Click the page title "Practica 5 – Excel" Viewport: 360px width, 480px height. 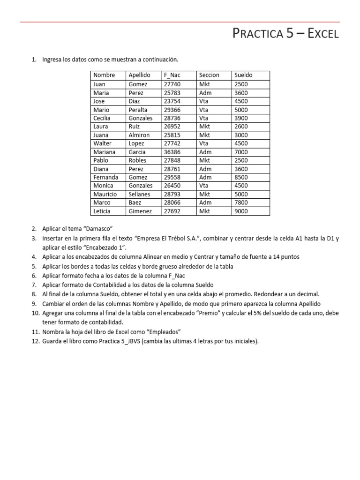285,34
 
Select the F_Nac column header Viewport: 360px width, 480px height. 172,75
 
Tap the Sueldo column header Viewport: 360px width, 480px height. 243,75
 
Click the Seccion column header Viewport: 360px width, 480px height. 209,75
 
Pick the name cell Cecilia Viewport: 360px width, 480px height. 102,118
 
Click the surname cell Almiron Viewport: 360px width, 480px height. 139,135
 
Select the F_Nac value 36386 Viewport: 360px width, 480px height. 172,152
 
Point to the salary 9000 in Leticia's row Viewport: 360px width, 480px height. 241,211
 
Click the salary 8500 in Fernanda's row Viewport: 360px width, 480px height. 241,177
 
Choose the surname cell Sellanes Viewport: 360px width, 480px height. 140,194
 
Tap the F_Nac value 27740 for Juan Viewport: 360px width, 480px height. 172,84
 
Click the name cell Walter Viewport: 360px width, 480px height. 102,143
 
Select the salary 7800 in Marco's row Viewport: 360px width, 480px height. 241,202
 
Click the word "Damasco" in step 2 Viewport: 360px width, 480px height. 97,229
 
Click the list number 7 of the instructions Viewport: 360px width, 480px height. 34,285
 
